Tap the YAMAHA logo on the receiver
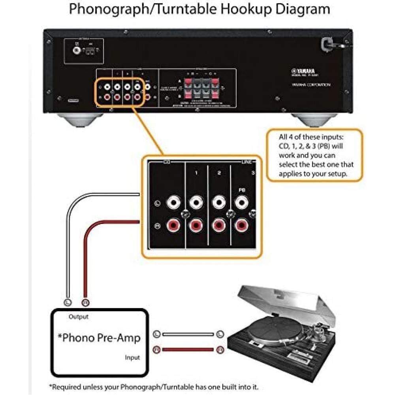pyautogui.click(x=301, y=71)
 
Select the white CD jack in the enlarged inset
pyautogui.click(x=173, y=203)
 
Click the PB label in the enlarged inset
pyautogui.click(x=241, y=190)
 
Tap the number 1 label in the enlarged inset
pyautogui.click(x=196, y=173)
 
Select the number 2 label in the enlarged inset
pyautogui.click(x=219, y=173)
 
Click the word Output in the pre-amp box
pyautogui.click(x=78, y=316)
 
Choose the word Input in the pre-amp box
pyautogui.click(x=132, y=357)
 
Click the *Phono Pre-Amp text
pyautogui.click(x=99, y=338)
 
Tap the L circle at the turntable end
pyautogui.click(x=220, y=334)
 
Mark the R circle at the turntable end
pyautogui.click(x=220, y=350)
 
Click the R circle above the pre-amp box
pyautogui.click(x=85, y=303)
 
